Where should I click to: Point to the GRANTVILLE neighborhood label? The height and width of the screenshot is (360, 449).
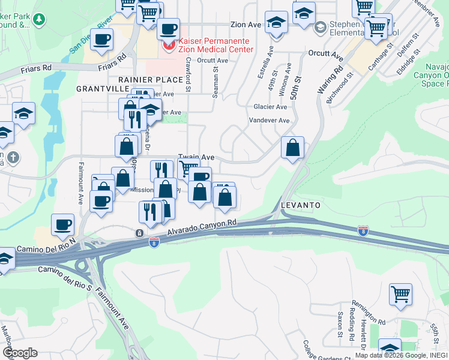100,88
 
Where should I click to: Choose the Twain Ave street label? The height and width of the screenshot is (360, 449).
196,157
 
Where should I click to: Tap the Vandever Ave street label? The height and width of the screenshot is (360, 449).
270,121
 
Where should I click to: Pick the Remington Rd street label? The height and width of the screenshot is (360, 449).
368,311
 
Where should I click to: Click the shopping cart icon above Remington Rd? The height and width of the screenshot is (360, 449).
400,294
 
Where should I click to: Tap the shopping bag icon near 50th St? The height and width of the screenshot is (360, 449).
292,147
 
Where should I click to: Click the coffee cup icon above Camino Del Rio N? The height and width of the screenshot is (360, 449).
62,224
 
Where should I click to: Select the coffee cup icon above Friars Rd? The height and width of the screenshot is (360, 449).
101,39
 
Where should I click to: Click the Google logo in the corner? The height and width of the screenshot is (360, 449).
20,353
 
